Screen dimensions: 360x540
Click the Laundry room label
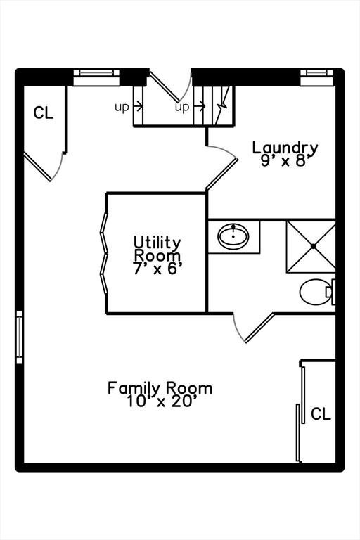tap(285, 148)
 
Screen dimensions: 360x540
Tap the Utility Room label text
tap(157, 250)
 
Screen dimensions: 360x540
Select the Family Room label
tap(160, 388)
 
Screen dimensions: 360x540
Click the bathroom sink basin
tap(233, 236)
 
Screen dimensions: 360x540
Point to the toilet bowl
tap(314, 292)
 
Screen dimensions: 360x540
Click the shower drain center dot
tap(313, 246)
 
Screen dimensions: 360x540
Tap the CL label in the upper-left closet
tap(44, 112)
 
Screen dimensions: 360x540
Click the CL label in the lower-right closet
tap(321, 413)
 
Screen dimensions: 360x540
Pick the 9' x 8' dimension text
tap(284, 160)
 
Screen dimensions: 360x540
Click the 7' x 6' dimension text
tap(157, 269)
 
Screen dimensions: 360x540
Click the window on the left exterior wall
tap(19, 337)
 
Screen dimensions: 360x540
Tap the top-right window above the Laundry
tap(317, 77)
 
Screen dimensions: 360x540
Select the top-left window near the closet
tap(96, 77)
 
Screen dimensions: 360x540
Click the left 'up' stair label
tap(122, 107)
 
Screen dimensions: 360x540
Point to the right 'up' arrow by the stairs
tap(200, 106)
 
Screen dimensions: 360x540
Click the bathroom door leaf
tap(259, 328)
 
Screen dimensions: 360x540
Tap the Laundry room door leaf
tap(221, 174)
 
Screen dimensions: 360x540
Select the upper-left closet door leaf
tap(37, 167)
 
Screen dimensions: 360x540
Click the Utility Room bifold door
tap(104, 253)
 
